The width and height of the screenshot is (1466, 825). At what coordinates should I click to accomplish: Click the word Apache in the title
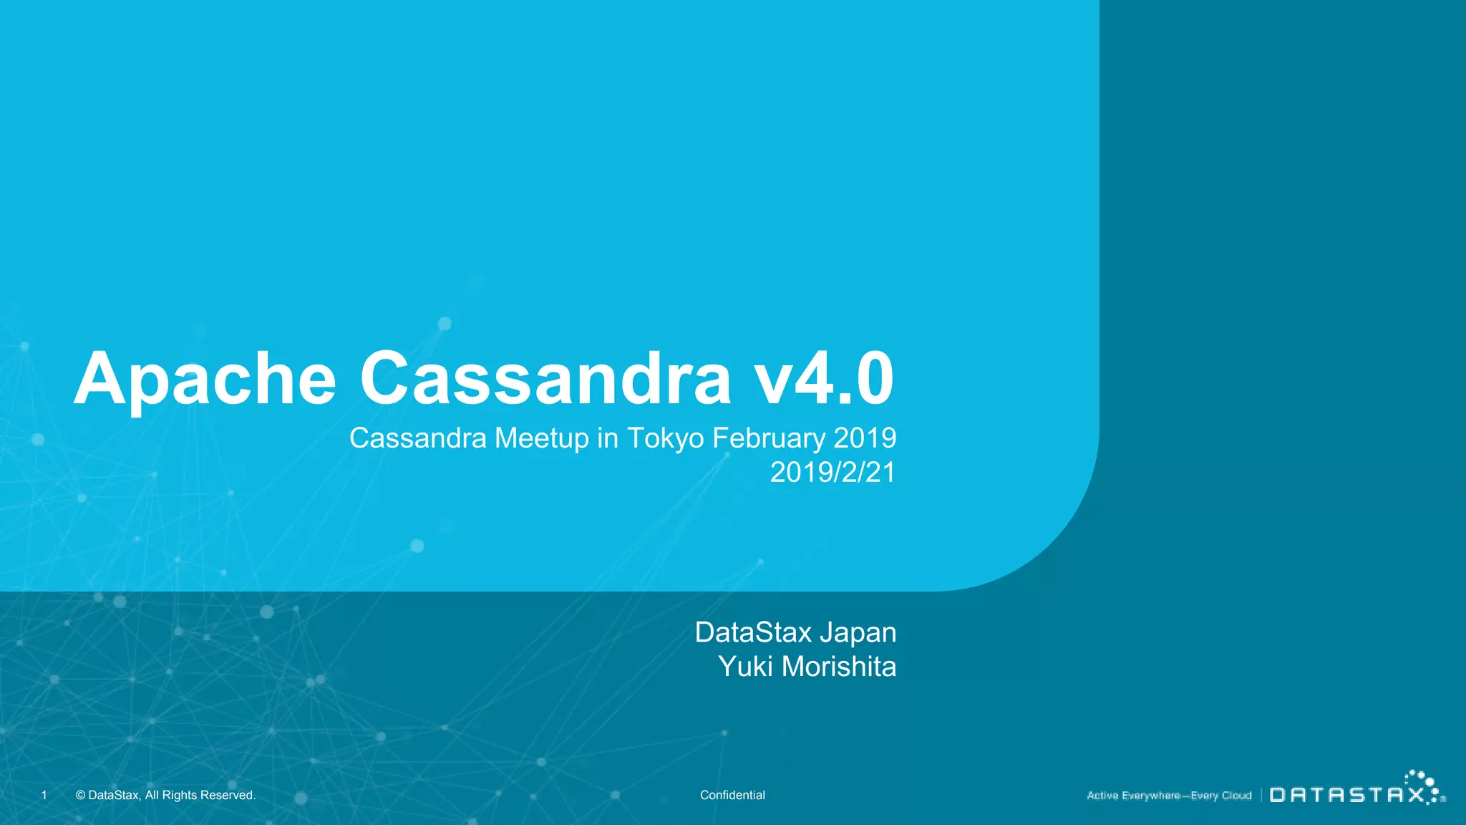[x=205, y=380]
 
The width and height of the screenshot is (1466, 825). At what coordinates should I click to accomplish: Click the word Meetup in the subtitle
[x=542, y=438]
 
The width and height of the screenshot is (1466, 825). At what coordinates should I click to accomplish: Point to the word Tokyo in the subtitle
[x=666, y=438]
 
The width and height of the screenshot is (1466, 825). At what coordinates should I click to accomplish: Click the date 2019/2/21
[x=832, y=473]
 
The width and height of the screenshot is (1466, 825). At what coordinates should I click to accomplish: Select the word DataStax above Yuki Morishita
[x=753, y=632]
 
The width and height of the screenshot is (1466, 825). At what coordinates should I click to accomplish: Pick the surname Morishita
[x=839, y=667]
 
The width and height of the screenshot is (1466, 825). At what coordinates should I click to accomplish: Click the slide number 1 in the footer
[x=44, y=795]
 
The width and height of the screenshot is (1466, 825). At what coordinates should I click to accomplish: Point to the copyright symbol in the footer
[x=80, y=795]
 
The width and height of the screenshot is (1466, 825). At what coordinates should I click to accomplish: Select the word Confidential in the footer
[x=732, y=795]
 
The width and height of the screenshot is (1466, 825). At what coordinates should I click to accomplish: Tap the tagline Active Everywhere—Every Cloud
[x=1169, y=796]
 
